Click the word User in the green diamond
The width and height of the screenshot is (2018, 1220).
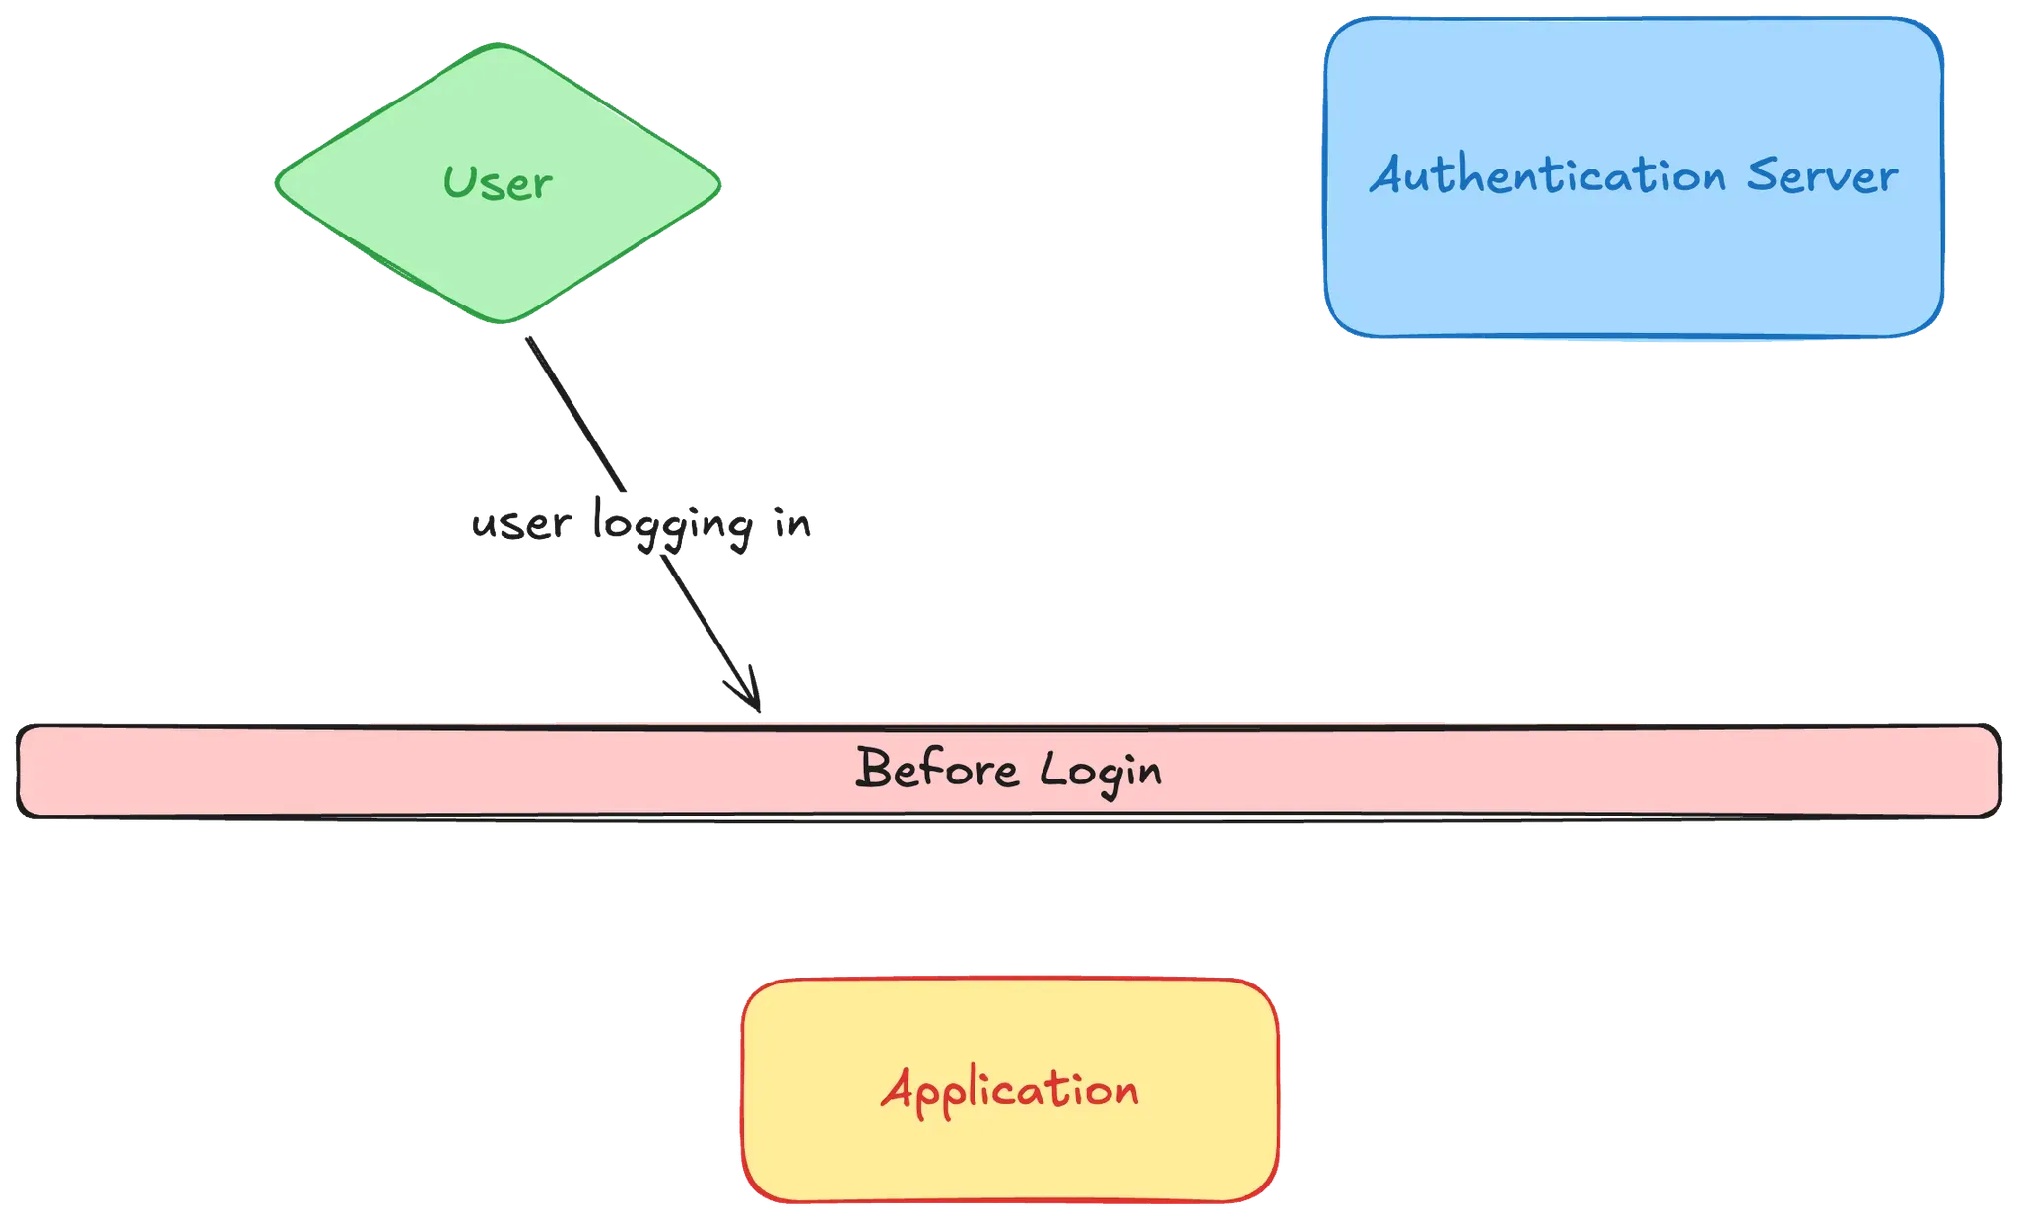coord(498,183)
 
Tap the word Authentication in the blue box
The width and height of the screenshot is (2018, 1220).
coord(1548,176)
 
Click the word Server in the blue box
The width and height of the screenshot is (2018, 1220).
coord(1822,176)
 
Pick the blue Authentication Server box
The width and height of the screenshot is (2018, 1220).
coord(1633,266)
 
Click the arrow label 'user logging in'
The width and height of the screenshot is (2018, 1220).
coord(642,524)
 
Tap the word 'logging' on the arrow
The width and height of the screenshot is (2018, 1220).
coord(674,526)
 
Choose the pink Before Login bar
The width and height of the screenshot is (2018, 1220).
coord(394,770)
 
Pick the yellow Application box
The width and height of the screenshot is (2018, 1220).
coord(1010,1153)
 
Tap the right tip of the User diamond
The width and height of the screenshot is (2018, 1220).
coord(721,183)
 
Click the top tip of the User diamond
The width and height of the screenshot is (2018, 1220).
coord(500,44)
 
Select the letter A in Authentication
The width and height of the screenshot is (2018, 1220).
coord(1390,176)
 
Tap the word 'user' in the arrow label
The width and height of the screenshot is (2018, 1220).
coord(520,526)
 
